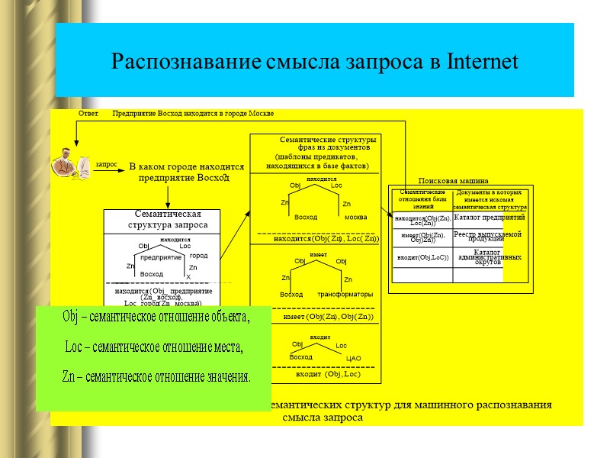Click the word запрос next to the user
(x=107, y=164)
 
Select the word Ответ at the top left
(x=88, y=113)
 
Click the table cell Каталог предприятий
(x=488, y=218)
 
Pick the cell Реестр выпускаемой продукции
(x=488, y=237)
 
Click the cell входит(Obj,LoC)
(x=422, y=257)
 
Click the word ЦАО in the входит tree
(x=353, y=358)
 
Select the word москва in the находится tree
(x=356, y=218)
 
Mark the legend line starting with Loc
(x=154, y=348)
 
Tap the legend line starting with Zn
(x=156, y=377)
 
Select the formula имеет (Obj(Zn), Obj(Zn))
(x=329, y=316)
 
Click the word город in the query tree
(x=198, y=256)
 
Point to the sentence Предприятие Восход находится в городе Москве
(x=193, y=113)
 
